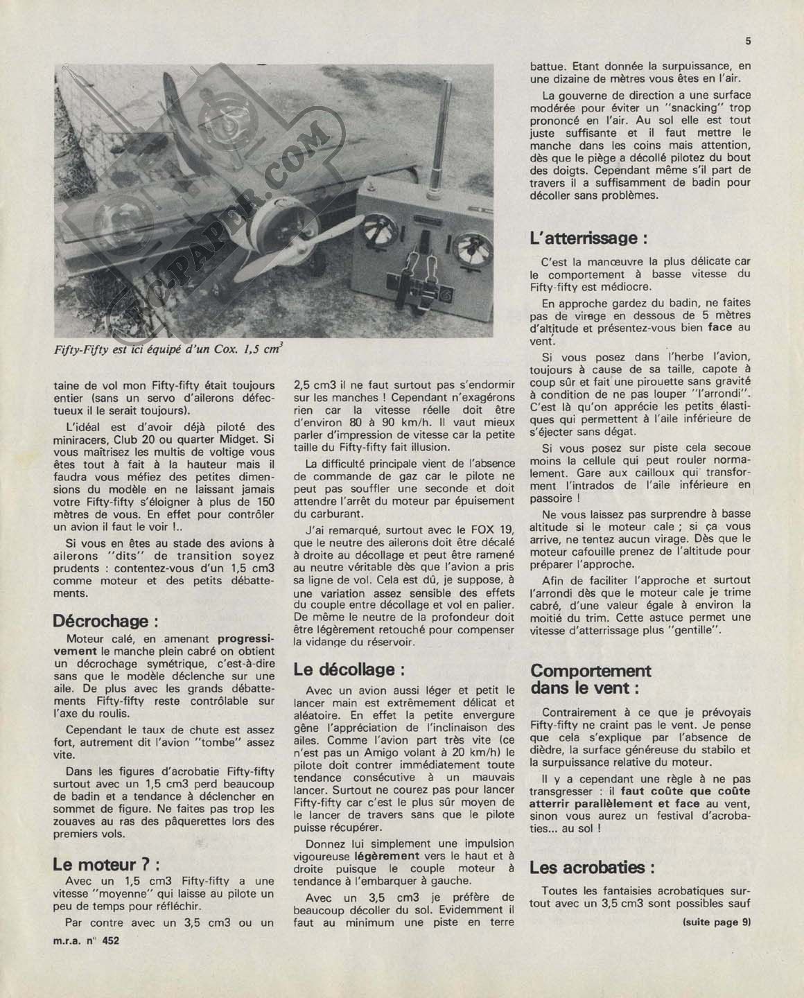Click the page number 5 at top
tap(749, 41)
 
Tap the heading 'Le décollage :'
tap(348, 669)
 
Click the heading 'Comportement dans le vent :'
tap(591, 679)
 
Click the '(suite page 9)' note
tap(716, 922)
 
